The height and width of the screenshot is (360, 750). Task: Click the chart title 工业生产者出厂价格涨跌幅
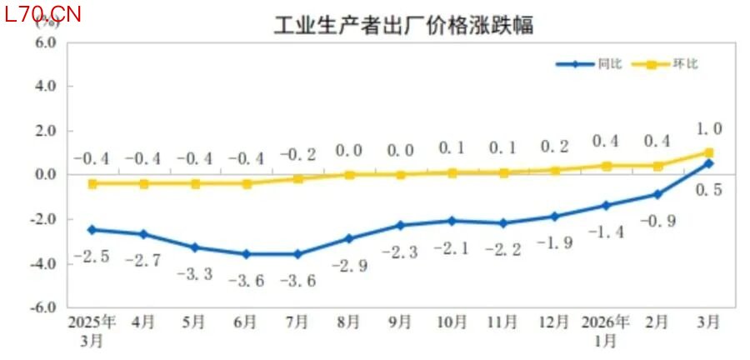click(403, 26)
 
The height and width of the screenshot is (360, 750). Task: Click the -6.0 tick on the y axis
click(42, 307)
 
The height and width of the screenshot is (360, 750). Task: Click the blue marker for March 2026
click(708, 163)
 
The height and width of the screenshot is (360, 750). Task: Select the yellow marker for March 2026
click(708, 152)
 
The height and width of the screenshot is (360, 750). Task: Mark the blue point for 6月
click(247, 254)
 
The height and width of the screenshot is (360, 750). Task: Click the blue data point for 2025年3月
click(92, 229)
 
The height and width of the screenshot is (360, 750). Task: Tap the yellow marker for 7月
click(298, 179)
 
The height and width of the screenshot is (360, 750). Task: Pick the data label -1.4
click(606, 232)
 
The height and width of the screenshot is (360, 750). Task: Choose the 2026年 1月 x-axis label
click(606, 331)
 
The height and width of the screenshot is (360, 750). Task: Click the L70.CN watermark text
click(42, 14)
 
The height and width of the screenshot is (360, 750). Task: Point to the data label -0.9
click(657, 222)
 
